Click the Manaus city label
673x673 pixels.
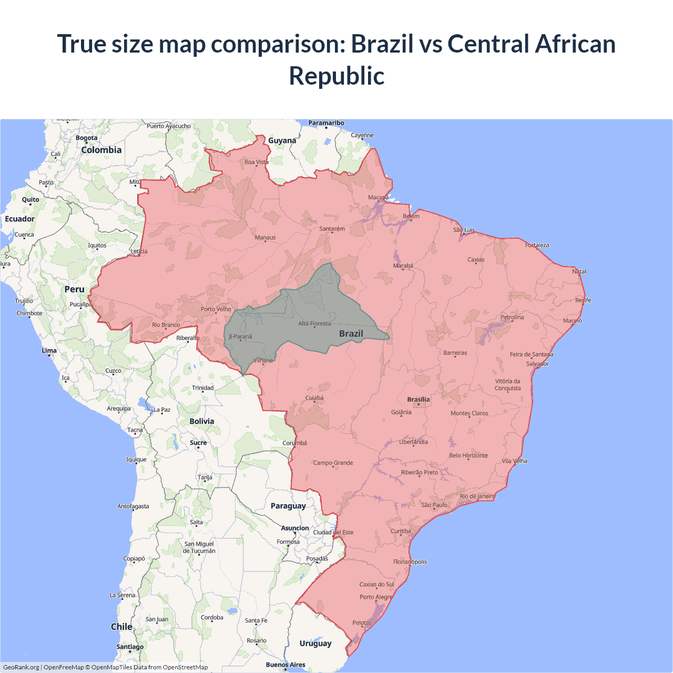coord(265,238)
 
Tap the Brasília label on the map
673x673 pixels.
coord(418,400)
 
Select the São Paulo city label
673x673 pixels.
coord(434,505)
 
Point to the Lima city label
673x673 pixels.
coord(49,351)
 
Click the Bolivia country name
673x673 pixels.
coord(202,421)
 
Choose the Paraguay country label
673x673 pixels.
coord(288,506)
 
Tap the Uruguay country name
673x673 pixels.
coord(315,644)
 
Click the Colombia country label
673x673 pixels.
coord(101,150)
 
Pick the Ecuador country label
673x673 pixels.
coord(20,219)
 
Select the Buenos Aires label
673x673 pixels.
coord(285,665)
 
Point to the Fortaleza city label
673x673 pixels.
coord(537,245)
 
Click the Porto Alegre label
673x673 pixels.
coord(376,597)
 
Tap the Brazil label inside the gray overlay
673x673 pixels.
coord(351,333)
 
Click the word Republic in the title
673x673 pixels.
coord(336,76)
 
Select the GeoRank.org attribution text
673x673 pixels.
coord(21,667)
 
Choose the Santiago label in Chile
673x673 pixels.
coord(130,647)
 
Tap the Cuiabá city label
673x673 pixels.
coord(314,398)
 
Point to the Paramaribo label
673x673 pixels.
coord(326,123)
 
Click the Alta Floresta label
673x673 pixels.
coord(314,323)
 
